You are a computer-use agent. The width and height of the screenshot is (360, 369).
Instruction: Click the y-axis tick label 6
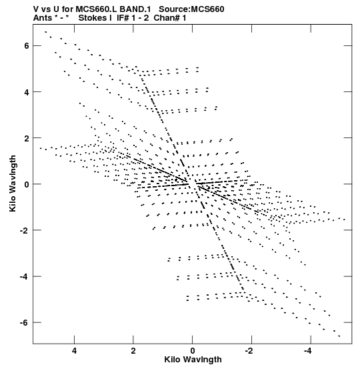27,45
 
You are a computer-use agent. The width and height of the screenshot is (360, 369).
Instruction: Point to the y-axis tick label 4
27,93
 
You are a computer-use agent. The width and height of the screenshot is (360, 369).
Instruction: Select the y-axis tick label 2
27,139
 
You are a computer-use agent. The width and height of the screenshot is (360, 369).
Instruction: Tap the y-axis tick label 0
27,184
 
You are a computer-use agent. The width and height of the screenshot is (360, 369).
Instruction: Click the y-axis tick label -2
24,230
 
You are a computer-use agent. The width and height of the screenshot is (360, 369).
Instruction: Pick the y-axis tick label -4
24,276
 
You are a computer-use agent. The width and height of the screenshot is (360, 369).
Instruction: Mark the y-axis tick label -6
24,323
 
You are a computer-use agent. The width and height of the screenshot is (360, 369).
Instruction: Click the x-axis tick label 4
74,351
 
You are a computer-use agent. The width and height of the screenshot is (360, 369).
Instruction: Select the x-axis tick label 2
133,351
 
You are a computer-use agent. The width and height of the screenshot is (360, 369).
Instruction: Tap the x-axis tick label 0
193,351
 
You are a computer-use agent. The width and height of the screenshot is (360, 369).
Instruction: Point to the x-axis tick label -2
249,351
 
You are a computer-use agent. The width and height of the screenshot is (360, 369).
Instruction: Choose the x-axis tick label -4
308,351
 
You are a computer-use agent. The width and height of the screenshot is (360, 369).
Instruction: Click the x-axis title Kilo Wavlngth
193,360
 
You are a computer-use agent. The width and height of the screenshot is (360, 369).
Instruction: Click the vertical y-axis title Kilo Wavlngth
13,183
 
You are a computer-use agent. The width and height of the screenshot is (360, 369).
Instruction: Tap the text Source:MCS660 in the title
191,9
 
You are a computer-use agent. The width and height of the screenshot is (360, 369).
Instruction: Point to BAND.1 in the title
135,9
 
